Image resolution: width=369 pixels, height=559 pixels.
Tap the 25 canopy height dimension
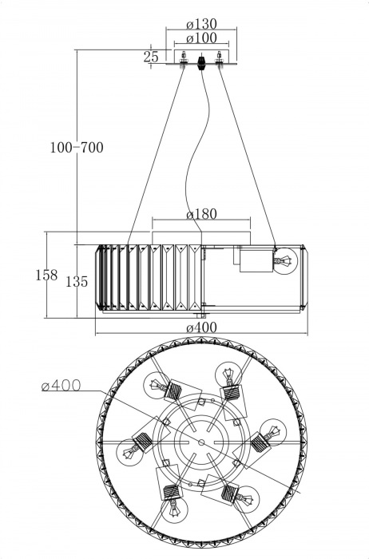coord(151,57)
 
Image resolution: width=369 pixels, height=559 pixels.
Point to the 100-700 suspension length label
coord(77,148)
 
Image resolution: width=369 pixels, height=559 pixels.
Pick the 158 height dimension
coord(46,275)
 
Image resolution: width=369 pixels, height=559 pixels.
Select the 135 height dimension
coord(77,281)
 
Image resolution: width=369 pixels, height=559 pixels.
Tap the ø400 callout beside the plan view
coord(61,387)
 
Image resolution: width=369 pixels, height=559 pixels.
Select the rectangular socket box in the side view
coord(254,260)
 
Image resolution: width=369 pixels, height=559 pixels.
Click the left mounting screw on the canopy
coord(184,57)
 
